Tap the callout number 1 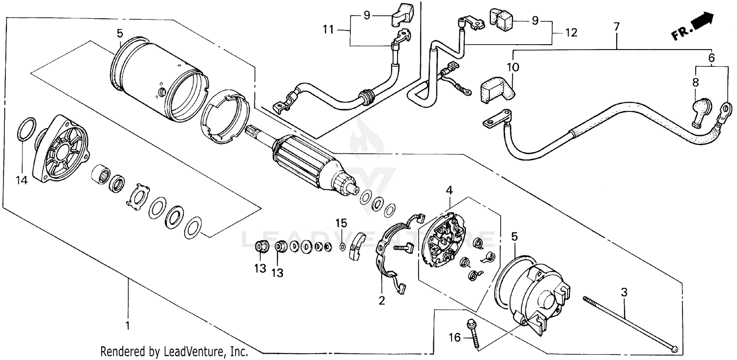pyautogui.click(x=128, y=325)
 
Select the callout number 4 pyautogui.click(x=448, y=189)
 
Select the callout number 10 pyautogui.click(x=513, y=66)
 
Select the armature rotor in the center pyautogui.click(x=310, y=162)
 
